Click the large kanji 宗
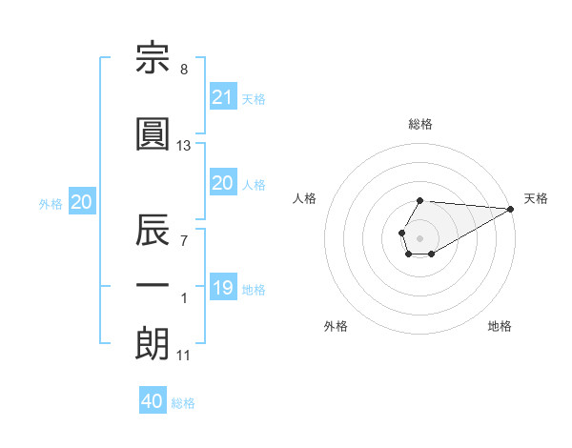pyautogui.click(x=153, y=57)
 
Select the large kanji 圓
pyautogui.click(x=153, y=133)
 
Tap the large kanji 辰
pyautogui.click(x=153, y=230)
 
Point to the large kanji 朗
pyautogui.click(x=153, y=344)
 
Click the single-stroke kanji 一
pyautogui.click(x=153, y=285)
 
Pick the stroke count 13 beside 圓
pyautogui.click(x=183, y=146)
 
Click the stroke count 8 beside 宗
pyautogui.click(x=184, y=70)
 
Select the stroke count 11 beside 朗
pyautogui.click(x=183, y=356)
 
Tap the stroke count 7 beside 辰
pyautogui.click(x=184, y=241)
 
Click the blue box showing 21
pyautogui.click(x=224, y=96)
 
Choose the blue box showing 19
pyautogui.click(x=224, y=286)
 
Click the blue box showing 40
pyautogui.click(x=153, y=399)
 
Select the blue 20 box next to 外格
pyautogui.click(x=82, y=201)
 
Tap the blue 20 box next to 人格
pyautogui.click(x=224, y=182)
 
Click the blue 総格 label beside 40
pyautogui.click(x=183, y=403)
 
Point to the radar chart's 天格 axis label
pyautogui.click(x=536, y=198)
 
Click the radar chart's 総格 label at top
pyautogui.click(x=420, y=124)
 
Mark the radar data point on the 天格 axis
pyautogui.click(x=511, y=209)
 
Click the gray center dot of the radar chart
pyautogui.click(x=419, y=238)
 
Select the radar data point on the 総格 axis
pyautogui.click(x=419, y=201)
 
